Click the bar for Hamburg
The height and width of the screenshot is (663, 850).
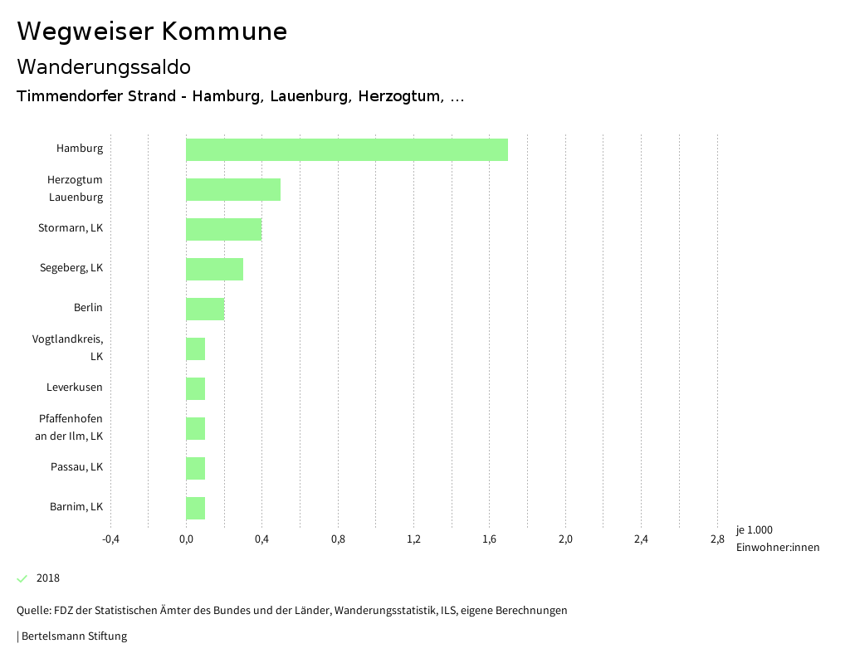(346, 149)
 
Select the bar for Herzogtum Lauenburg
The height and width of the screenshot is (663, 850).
(232, 189)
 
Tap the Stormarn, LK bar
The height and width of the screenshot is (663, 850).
(223, 229)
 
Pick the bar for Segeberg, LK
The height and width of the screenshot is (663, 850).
(214, 269)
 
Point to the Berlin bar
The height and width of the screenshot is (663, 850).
(205, 309)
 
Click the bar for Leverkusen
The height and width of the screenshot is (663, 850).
(195, 388)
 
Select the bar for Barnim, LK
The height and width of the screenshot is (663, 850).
(195, 508)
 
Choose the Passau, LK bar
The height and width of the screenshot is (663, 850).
(195, 468)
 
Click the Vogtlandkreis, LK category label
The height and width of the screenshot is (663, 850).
(68, 348)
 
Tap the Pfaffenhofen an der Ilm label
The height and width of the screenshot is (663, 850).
(71, 427)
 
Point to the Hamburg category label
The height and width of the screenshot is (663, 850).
(80, 149)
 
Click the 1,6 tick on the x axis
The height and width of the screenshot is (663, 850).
(489, 539)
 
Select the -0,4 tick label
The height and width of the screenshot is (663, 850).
(110, 539)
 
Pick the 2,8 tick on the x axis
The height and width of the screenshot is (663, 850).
(717, 539)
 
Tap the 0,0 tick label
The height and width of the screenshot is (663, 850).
(186, 539)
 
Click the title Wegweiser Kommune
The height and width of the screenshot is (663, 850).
(152, 32)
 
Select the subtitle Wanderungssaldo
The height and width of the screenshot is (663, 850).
(104, 66)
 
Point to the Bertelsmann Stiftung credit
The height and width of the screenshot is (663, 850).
(73, 636)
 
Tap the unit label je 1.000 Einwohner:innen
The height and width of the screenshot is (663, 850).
(777, 539)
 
